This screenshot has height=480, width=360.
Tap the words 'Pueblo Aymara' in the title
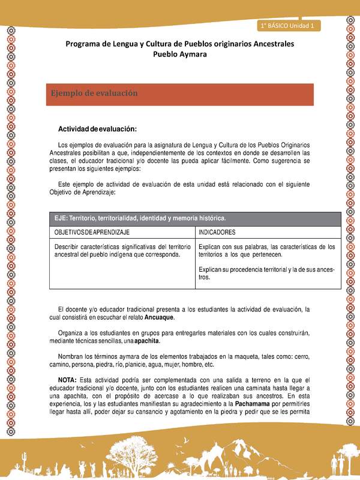180,54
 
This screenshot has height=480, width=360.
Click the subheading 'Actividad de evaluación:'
97,129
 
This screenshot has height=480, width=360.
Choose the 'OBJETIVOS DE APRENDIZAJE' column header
92,232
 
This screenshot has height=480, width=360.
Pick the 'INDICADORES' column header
217,232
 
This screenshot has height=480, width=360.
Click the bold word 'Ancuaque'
158,317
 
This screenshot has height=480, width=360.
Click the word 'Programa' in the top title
87,44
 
